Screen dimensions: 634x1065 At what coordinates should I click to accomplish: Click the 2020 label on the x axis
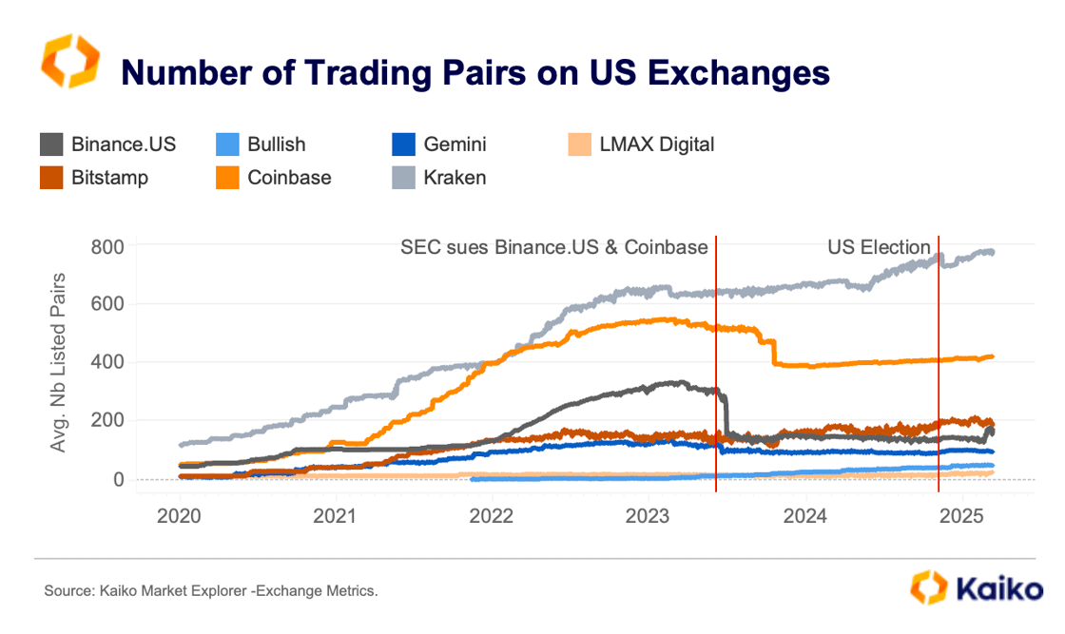180,516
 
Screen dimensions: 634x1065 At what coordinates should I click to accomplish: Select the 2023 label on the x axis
649,516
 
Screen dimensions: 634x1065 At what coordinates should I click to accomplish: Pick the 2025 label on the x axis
961,516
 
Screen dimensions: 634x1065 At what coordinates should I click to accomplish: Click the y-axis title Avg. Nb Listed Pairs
59,362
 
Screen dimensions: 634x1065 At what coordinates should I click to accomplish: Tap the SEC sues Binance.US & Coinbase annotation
553,248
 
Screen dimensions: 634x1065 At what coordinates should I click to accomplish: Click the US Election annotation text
879,248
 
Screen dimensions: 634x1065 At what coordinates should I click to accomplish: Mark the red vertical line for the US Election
939,380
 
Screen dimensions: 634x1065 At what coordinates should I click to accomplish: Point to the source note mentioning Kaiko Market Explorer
211,591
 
